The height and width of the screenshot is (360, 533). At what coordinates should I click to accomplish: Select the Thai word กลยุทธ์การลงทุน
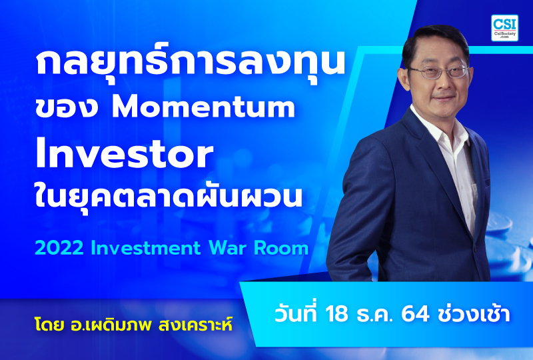point(189,65)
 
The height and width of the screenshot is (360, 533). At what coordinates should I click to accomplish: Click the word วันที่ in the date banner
point(300,313)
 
